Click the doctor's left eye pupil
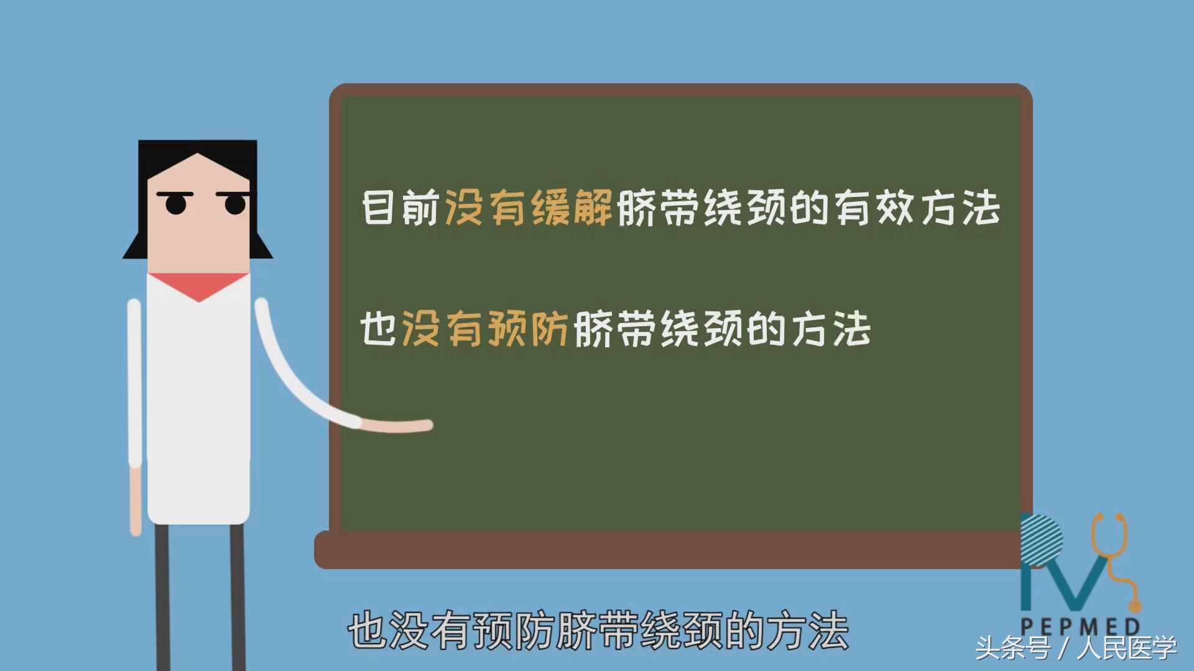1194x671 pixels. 176,204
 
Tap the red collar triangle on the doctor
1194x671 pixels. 198,285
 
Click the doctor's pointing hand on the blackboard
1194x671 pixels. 398,426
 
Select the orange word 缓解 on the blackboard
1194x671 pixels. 572,208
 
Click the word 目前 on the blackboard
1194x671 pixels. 401,208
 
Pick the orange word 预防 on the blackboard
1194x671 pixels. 528,329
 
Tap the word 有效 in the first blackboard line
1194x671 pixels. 874,208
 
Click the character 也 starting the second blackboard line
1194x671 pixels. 379,329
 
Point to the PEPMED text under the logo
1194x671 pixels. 1081,626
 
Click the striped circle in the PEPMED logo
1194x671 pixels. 1042,540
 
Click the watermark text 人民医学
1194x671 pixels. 1127,649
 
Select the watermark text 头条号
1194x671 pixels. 1012,649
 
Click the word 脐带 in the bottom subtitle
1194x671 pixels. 598,631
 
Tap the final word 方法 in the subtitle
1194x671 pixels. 808,631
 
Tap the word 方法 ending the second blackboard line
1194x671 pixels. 831,329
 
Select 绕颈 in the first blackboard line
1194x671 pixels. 746,208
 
